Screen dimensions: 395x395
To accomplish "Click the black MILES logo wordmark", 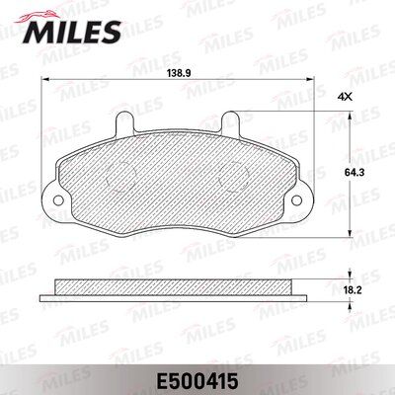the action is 72,33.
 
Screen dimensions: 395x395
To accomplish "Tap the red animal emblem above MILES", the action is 37,16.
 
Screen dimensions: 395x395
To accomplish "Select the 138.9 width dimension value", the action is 178,73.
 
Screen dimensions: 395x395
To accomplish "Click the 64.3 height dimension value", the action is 350,173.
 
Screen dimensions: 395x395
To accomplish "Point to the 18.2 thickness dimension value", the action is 354,290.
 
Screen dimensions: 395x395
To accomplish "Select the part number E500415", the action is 197,381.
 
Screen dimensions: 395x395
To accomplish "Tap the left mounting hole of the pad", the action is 58,199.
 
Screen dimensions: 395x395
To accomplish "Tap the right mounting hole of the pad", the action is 296,199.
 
